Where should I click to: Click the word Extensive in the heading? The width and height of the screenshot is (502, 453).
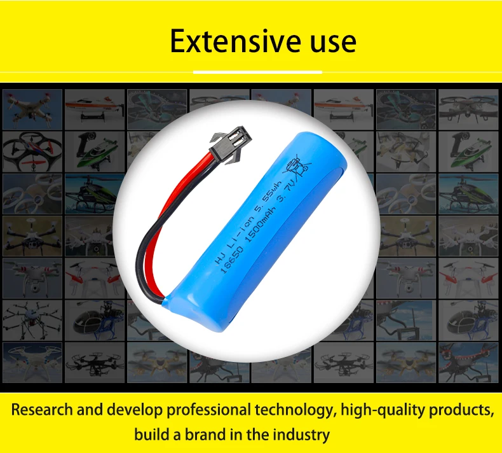[x=235, y=41]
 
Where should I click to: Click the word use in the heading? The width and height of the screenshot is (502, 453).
[x=333, y=43]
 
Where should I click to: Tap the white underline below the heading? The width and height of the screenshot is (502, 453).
[x=257, y=72]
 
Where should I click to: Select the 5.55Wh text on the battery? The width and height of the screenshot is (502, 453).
[x=268, y=196]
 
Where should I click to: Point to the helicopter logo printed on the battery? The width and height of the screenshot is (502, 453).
[x=297, y=166]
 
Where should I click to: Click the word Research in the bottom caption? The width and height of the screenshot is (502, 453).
[x=42, y=410]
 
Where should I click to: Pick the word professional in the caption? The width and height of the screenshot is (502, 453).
[x=208, y=410]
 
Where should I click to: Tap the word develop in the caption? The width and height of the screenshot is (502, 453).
[x=135, y=410]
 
